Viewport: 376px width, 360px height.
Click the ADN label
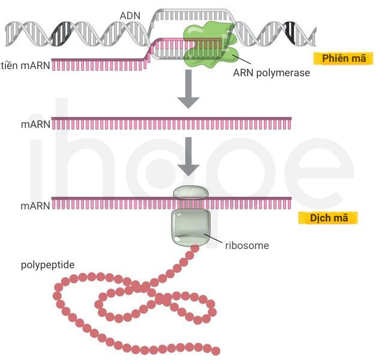coord(130,16)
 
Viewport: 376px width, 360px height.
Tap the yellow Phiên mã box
coord(344,58)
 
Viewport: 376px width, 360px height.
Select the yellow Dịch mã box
coord(328,218)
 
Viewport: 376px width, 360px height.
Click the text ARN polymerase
coord(271,73)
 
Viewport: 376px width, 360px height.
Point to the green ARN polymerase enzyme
coord(209,44)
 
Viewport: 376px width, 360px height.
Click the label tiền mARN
coord(25,65)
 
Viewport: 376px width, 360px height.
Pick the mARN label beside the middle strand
coord(35,124)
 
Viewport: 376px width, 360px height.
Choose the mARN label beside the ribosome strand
coord(35,206)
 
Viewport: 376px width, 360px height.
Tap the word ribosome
coord(247,245)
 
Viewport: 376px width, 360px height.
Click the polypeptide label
coord(48,265)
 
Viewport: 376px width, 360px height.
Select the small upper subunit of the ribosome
coord(191,193)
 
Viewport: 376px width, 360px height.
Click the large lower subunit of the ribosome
coord(191,227)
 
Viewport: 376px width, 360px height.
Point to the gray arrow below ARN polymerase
coord(188,89)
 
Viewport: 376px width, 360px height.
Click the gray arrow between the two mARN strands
coord(188,156)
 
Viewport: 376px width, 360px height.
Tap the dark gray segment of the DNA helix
coord(61,34)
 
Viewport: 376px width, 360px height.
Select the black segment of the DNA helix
coord(291,33)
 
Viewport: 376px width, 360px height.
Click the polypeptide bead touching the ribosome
coord(195,248)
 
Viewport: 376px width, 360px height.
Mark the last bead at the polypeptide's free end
coord(215,351)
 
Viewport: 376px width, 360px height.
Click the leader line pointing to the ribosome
coord(213,239)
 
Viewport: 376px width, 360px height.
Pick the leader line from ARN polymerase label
coord(242,59)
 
